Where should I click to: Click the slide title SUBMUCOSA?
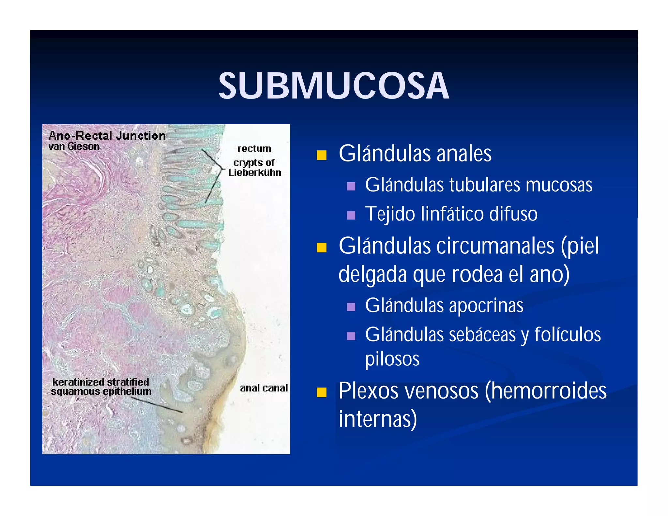pos(334,86)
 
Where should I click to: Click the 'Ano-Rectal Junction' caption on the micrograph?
pos(107,136)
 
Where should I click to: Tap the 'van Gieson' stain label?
pos(74,146)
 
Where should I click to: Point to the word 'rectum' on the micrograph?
pos(254,149)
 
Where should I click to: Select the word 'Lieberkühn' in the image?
pos(254,173)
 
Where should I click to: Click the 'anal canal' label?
pos(264,388)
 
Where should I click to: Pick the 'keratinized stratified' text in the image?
pos(100,382)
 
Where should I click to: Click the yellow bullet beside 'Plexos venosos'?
pos(321,392)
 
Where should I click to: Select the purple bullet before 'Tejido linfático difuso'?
pos(351,215)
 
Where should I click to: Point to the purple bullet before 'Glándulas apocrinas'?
pos(351,307)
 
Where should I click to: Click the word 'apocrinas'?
pos(486,306)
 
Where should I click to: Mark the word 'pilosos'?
pos(392,359)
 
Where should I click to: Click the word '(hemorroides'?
pos(545,391)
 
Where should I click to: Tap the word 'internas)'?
pos(378,419)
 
